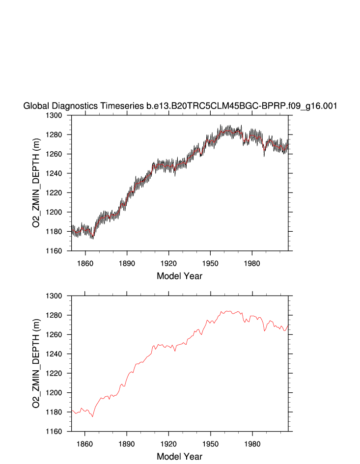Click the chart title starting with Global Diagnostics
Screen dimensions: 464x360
coord(180,106)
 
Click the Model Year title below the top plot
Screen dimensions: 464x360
coord(179,276)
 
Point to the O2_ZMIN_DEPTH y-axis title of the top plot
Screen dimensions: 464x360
coord(36,183)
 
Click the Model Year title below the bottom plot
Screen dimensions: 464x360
coord(179,457)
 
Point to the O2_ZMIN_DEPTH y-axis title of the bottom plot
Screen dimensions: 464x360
coord(36,364)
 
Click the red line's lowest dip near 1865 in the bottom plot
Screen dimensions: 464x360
coord(92,416)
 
